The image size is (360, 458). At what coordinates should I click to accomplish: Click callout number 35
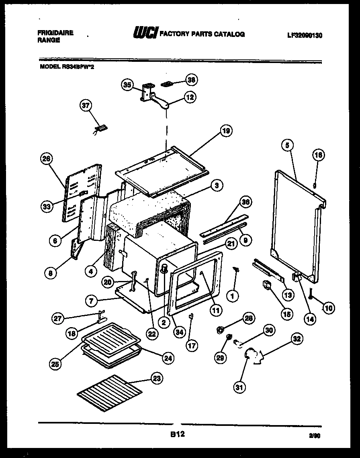pyautogui.click(x=127, y=85)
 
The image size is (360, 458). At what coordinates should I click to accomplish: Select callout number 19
pyautogui.click(x=226, y=131)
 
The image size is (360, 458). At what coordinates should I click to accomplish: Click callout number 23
pyautogui.click(x=156, y=377)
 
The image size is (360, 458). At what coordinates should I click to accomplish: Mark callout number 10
pyautogui.click(x=328, y=308)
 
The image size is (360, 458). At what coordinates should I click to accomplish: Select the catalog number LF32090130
pyautogui.click(x=305, y=35)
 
